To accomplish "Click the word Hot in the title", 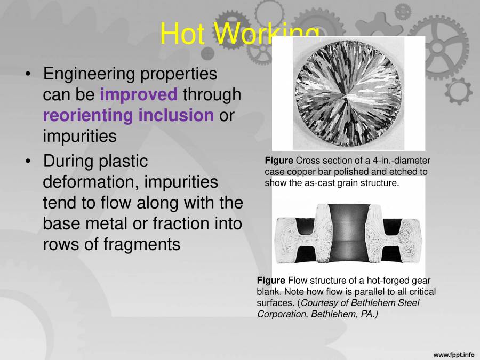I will (182, 35).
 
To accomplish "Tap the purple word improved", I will (138, 94).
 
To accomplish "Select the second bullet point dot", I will (28, 161).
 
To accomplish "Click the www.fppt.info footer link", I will (453, 354).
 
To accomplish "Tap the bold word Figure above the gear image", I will (278, 161).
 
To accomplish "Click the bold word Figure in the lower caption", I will (271, 281).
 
